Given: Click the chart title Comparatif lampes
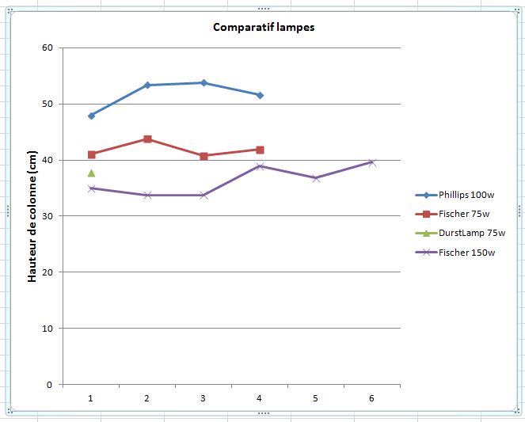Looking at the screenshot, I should coord(264,27).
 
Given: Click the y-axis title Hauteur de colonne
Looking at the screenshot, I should coord(32,216).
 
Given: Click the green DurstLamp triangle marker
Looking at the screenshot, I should coord(92,173).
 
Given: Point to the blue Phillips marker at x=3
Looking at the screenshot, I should coord(204,82).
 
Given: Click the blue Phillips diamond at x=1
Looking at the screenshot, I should coord(92,116).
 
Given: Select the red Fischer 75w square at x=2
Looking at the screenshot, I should coord(148,139).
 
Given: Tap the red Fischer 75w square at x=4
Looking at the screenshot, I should coord(260,150).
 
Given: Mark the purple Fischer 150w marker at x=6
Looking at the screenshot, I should coord(372,162).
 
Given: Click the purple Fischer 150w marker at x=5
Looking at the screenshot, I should coord(316,178).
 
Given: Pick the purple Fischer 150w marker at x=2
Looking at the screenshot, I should coord(148,195).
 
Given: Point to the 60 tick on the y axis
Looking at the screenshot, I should coord(47,48).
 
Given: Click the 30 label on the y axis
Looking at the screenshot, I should coord(47,216).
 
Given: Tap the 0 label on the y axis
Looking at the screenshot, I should coord(49,385).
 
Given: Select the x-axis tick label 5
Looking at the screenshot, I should coord(316,399).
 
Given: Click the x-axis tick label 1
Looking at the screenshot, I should coord(92,399).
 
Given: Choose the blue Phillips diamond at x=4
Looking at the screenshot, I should coord(260,95).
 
